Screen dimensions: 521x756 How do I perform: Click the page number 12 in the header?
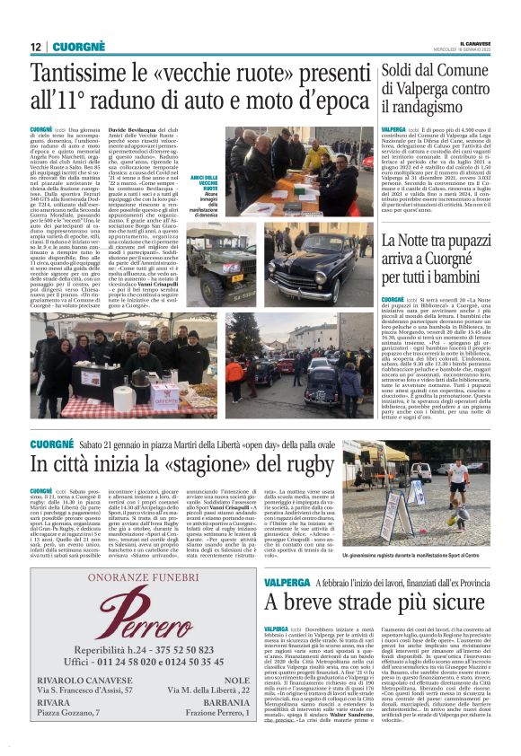point(36,47)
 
